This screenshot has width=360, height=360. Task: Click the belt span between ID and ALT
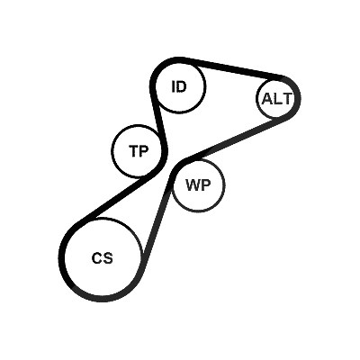237,68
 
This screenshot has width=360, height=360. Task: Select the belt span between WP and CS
157,216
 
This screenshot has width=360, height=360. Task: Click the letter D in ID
181,86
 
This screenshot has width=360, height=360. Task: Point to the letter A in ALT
268,98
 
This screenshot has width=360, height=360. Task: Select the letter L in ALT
278,98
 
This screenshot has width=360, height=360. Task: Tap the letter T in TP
133,151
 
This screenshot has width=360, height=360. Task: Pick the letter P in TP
144,151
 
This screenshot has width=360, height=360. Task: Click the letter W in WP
193,185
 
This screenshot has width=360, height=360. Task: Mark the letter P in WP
206,185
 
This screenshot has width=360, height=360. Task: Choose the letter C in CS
97,258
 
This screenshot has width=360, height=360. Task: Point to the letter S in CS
108,258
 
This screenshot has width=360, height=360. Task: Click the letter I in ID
173,86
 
